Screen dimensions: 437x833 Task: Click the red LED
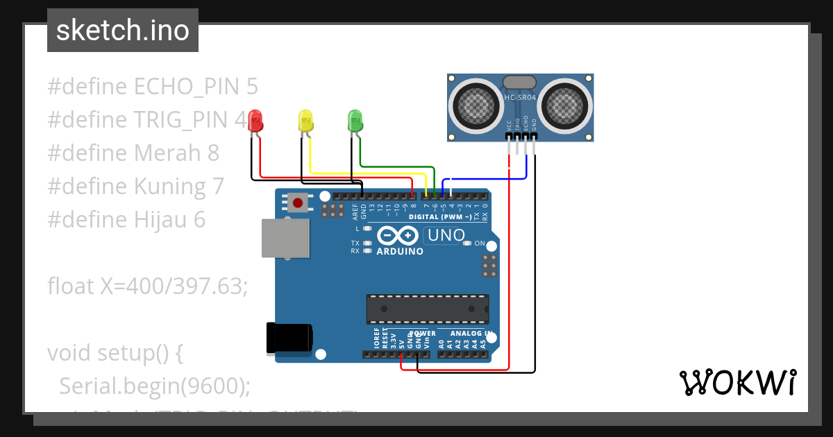pyautogui.click(x=256, y=121)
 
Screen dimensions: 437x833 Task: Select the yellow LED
pyautogui.click(x=305, y=121)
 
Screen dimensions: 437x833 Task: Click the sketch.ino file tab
pyautogui.click(x=123, y=31)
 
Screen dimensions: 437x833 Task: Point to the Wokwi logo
pyautogui.click(x=737, y=382)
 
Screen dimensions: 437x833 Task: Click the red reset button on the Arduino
pyautogui.click(x=298, y=203)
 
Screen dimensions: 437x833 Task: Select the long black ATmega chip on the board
pyautogui.click(x=428, y=309)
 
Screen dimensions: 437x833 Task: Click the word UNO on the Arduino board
pyautogui.click(x=446, y=236)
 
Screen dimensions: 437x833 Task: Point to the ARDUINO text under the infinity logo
pyautogui.click(x=400, y=251)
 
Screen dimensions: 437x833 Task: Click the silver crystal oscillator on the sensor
pyautogui.click(x=519, y=83)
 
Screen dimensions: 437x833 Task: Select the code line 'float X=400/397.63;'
pyautogui.click(x=147, y=286)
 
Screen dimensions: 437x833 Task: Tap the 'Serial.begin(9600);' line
pyautogui.click(x=154, y=386)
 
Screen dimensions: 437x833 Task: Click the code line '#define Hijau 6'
pyautogui.click(x=126, y=220)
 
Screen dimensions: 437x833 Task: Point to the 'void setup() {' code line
pyautogui.click(x=115, y=353)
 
